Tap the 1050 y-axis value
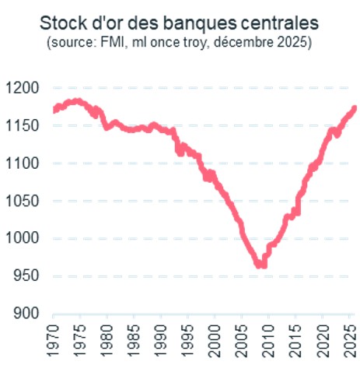[x=22, y=201]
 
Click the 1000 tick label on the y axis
[x=22, y=239]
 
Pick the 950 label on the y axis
[x=26, y=276]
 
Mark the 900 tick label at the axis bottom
[x=26, y=314]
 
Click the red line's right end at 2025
[x=354, y=109]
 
